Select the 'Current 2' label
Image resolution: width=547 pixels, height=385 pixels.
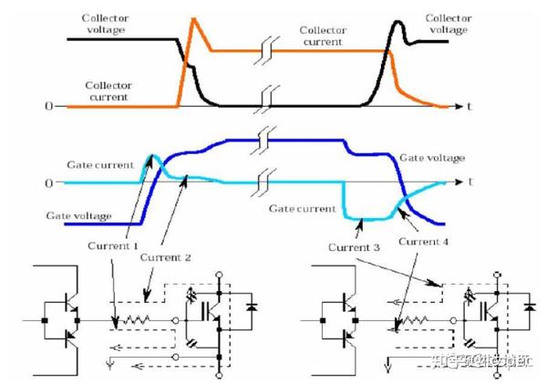pos(165,258)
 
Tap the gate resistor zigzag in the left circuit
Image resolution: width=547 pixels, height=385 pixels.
pos(137,321)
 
